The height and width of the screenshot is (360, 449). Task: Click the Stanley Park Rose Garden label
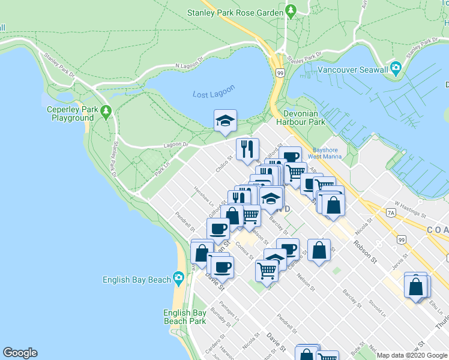coord(235,12)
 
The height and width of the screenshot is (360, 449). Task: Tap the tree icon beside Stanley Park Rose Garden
coord(291,11)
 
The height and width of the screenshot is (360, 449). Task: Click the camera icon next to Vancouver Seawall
coord(396,67)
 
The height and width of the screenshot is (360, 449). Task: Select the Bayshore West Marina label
coord(327,153)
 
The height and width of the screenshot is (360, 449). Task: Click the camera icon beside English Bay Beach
coord(178,277)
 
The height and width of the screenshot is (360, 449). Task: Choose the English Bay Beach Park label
coord(185,317)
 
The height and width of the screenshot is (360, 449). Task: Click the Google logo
coord(20,353)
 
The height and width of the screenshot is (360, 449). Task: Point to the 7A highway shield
coord(391,212)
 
